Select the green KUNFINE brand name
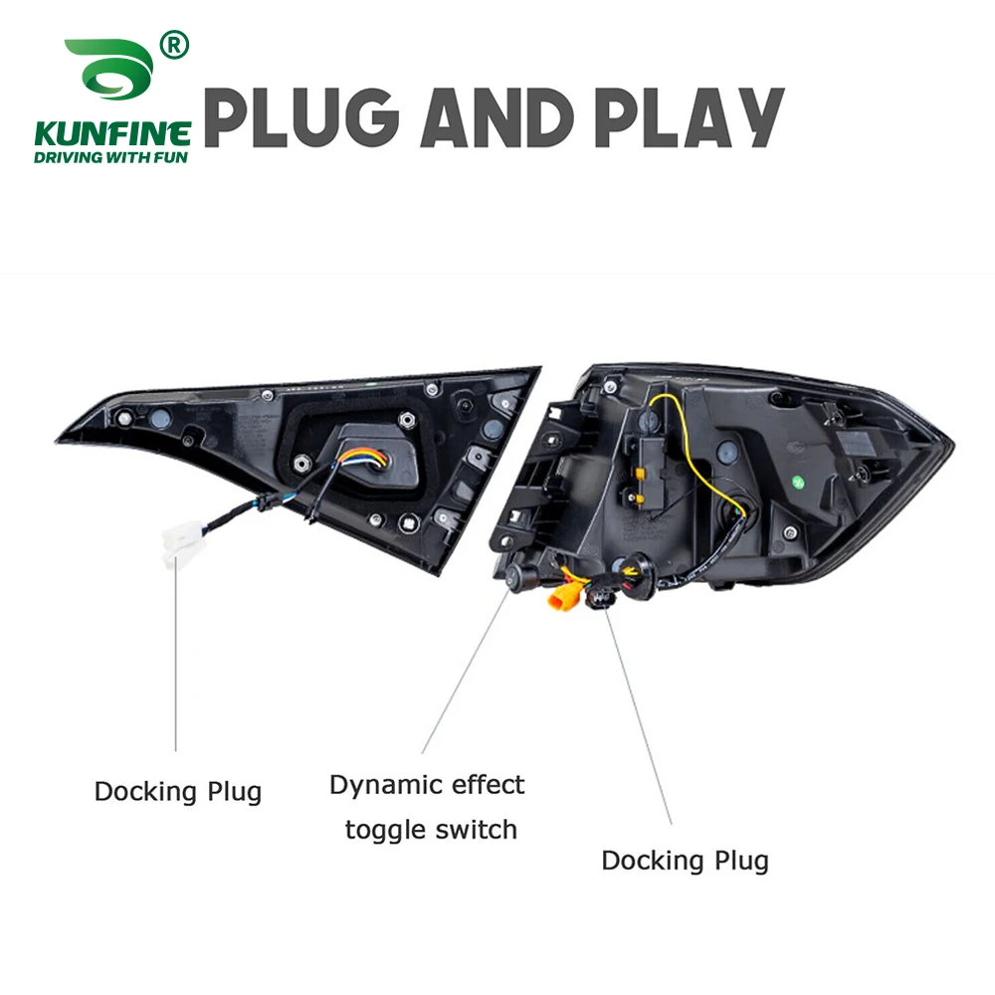(112, 132)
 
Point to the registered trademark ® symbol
(175, 45)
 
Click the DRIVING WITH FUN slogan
(112, 156)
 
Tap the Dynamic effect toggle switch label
(428, 806)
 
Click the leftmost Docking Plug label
(178, 792)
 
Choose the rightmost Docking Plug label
(685, 860)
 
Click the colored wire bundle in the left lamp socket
(360, 461)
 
